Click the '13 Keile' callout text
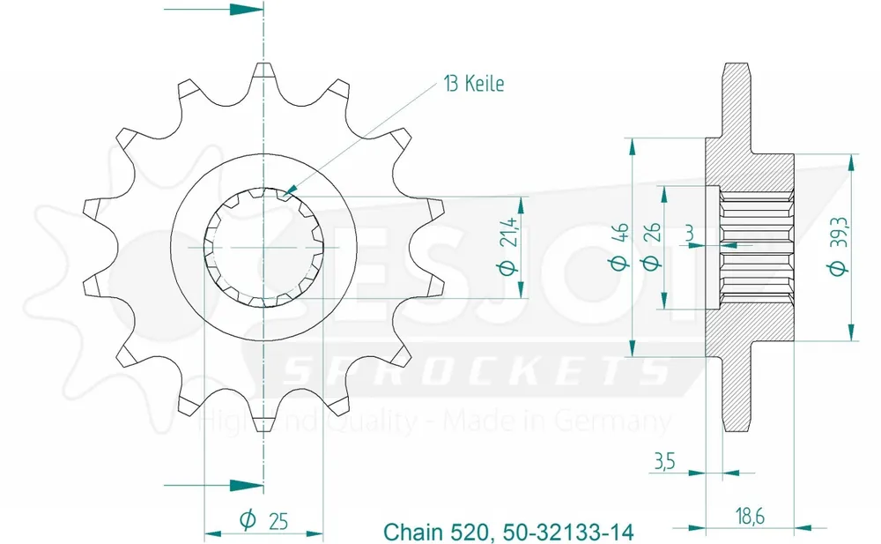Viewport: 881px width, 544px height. [475, 85]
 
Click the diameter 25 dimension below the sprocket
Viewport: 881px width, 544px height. [264, 520]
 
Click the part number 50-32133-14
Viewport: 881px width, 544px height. [567, 533]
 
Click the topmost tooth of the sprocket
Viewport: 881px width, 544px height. [263, 73]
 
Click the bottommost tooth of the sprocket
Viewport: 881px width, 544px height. [263, 424]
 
